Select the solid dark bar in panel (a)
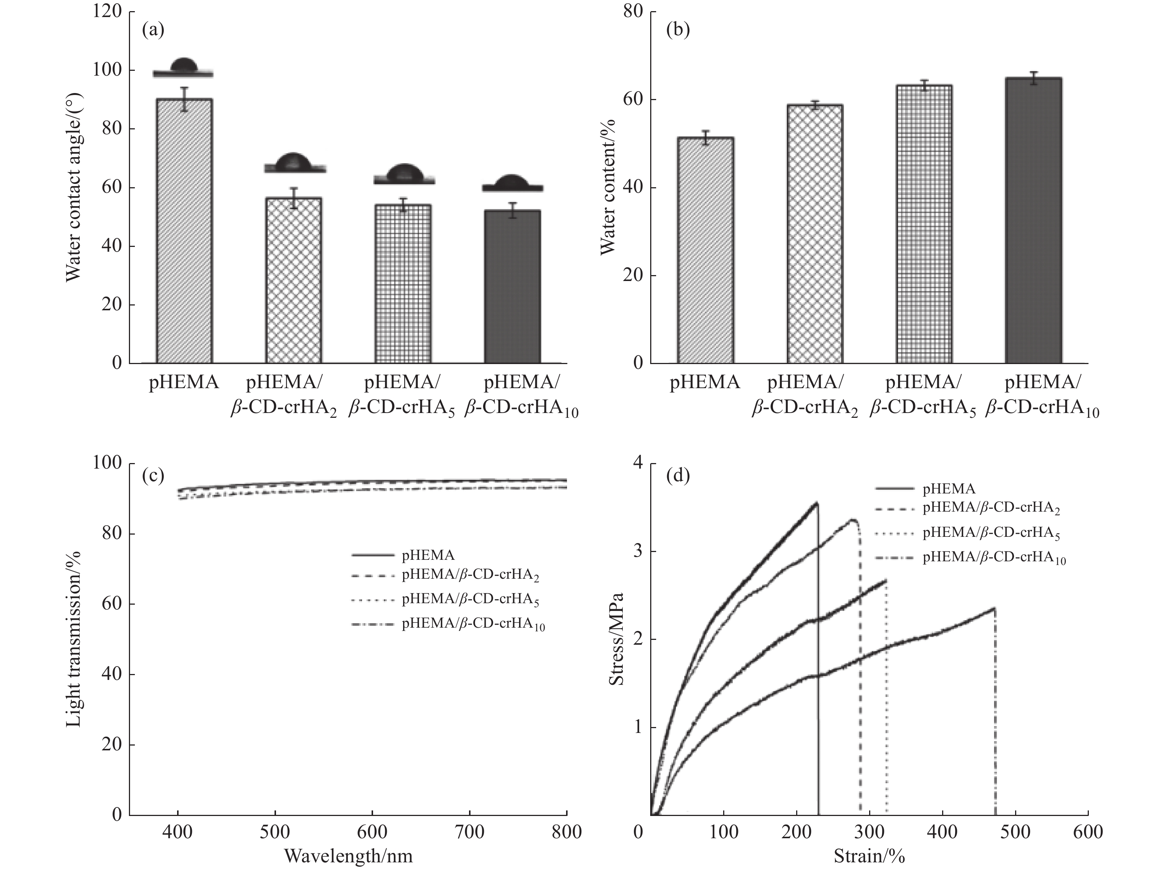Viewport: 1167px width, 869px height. tap(512, 286)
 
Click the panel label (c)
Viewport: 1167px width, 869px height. tap(153, 476)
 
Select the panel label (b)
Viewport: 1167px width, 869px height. tap(678, 30)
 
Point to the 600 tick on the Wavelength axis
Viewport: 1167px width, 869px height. tap(372, 832)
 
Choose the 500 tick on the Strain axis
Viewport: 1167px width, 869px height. tap(1015, 832)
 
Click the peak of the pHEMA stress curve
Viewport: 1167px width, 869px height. tap(817, 503)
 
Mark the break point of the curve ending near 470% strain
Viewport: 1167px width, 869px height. tap(994, 609)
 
